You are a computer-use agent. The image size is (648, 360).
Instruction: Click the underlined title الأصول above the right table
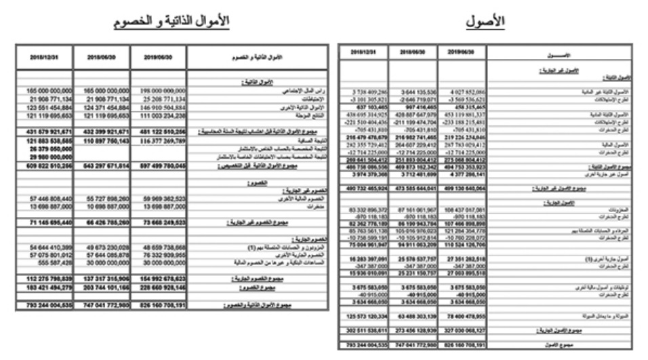(x=486, y=22)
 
